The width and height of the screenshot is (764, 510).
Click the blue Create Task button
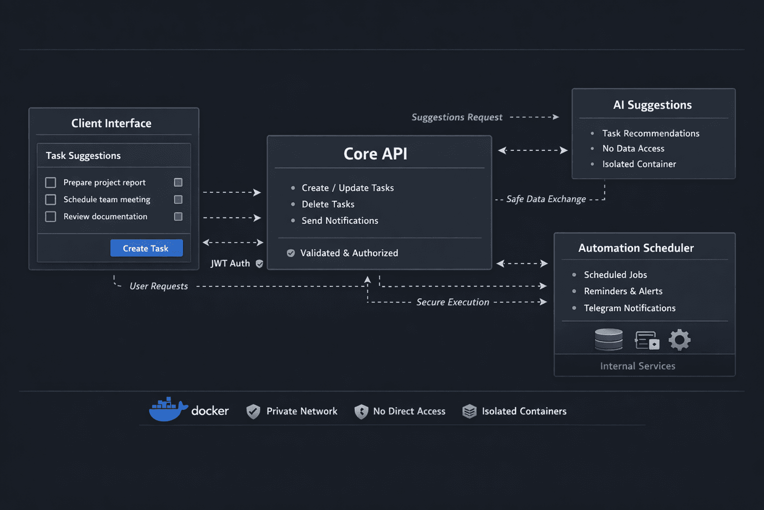pos(146,248)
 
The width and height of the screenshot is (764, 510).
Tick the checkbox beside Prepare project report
pos(51,183)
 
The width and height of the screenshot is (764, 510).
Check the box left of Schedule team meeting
pos(51,200)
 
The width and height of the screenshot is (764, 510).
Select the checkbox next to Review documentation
pos(51,217)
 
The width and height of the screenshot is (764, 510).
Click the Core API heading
pos(375,154)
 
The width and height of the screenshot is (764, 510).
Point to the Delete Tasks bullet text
pos(328,204)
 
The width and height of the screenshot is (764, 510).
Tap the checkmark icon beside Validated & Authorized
pos(291,253)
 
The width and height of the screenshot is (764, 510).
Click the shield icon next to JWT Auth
pos(259,264)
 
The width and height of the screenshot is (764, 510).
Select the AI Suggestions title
pos(652,105)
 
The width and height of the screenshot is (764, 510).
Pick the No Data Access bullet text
pos(633,148)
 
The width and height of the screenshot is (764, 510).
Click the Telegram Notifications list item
pos(629,308)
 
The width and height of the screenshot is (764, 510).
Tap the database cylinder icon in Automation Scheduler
pos(609,340)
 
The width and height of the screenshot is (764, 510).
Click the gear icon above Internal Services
pos(679,340)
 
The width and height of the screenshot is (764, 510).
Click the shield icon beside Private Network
pos(253,411)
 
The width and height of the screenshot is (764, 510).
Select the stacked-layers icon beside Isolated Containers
pos(469,411)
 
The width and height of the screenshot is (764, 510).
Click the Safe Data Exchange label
pos(546,199)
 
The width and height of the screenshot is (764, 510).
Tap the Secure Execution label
pos(453,302)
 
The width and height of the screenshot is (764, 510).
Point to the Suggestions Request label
pos(457,118)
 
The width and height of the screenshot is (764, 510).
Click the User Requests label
pos(159,286)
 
